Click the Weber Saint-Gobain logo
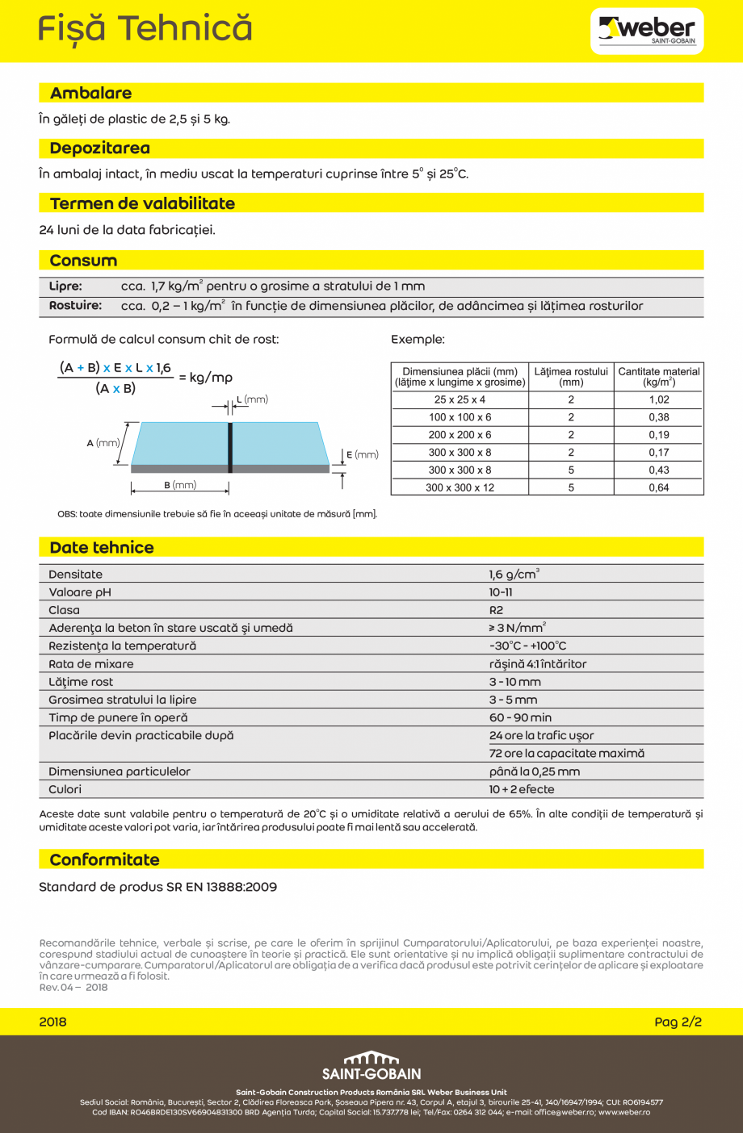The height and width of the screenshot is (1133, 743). [x=647, y=31]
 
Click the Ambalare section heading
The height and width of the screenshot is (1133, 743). [x=90, y=94]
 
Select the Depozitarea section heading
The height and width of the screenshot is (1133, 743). [x=99, y=148]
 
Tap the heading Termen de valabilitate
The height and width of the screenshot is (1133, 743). [x=142, y=204]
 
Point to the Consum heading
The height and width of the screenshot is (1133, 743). [x=83, y=261]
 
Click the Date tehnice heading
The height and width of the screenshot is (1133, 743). [x=101, y=548]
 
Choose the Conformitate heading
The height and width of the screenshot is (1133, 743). [x=104, y=860]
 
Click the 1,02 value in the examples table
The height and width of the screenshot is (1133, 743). [x=658, y=399]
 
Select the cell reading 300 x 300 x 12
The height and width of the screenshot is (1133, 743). [x=460, y=487]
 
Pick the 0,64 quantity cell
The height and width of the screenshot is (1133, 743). [x=658, y=487]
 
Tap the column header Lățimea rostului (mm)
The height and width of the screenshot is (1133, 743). [x=570, y=377]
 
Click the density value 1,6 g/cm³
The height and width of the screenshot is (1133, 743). [x=514, y=575]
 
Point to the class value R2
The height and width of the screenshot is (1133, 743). [x=496, y=610]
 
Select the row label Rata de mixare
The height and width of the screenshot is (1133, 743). [x=91, y=664]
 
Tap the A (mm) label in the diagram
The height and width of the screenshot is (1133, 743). [x=103, y=443]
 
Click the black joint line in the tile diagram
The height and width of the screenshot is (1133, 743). [x=230, y=447]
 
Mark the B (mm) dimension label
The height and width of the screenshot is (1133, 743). [x=180, y=485]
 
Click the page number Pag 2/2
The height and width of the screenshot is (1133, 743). [x=678, y=1022]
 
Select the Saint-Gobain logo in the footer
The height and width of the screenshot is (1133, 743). [x=371, y=1066]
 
